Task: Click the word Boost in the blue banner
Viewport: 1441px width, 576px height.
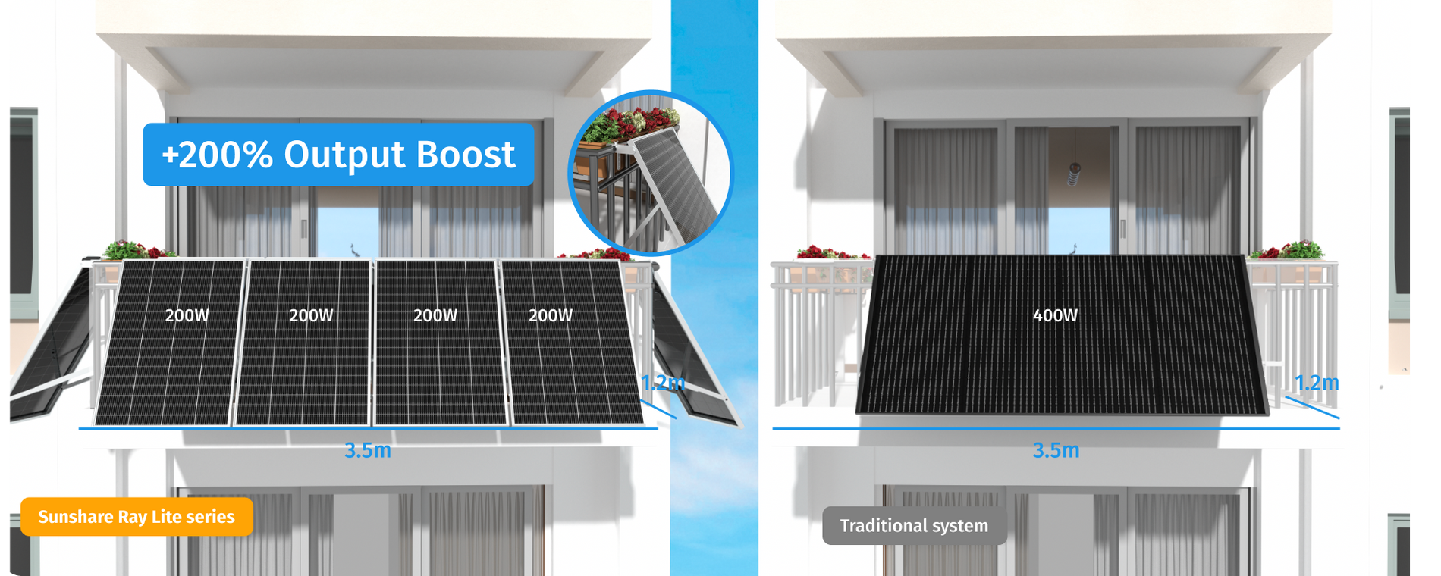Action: click(x=466, y=155)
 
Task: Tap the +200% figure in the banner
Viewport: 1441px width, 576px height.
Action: click(x=217, y=155)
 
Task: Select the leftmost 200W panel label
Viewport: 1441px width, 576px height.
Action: click(x=187, y=315)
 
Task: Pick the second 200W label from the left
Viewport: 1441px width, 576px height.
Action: click(x=311, y=315)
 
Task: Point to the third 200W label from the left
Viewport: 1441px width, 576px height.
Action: click(x=435, y=315)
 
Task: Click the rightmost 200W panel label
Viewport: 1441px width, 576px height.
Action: click(x=550, y=315)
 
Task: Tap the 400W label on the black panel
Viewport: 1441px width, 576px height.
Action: click(x=1055, y=315)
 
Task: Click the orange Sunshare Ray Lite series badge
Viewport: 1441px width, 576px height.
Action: click(x=137, y=517)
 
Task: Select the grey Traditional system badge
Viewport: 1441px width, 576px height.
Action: click(x=914, y=526)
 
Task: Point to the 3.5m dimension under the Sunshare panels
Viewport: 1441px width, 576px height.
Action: click(x=368, y=450)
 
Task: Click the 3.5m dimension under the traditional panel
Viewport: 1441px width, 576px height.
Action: click(x=1056, y=450)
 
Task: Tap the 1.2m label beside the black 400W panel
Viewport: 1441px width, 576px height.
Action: click(x=1316, y=383)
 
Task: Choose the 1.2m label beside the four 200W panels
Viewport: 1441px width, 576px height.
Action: click(x=662, y=383)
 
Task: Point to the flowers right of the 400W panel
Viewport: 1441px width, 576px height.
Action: click(x=1288, y=250)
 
